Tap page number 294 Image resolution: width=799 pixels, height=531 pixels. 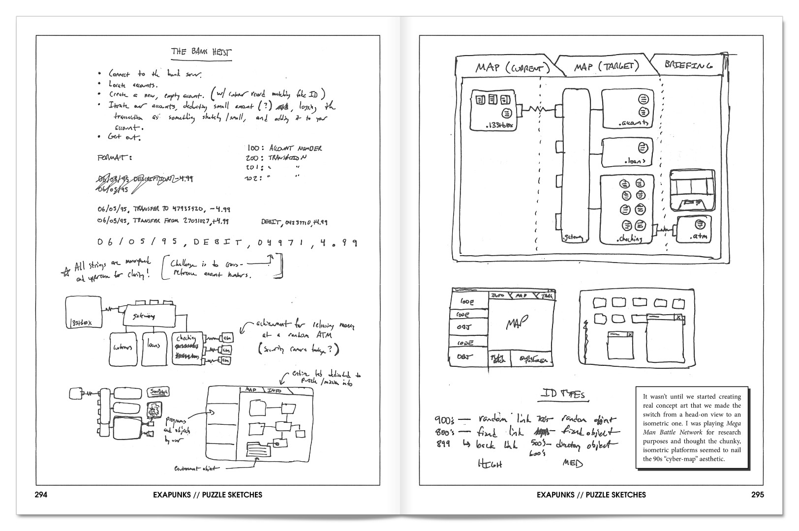tap(40, 495)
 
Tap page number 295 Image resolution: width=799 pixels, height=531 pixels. tap(758, 495)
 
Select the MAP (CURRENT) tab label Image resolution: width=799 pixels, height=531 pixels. tap(509, 67)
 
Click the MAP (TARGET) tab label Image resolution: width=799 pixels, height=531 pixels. tap(606, 66)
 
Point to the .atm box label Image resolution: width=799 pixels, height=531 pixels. tap(699, 236)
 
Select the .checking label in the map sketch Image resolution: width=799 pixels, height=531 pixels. tap(629, 239)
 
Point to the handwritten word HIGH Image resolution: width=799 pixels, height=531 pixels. tap(490, 464)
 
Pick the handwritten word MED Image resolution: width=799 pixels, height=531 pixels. tap(572, 463)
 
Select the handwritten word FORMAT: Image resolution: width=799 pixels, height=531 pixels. tap(114, 158)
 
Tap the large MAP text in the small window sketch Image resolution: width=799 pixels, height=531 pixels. tap(516, 323)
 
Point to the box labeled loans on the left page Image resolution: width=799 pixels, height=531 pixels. tap(154, 348)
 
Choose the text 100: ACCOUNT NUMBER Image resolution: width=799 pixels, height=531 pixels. tap(285, 148)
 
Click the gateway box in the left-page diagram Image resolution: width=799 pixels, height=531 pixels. tap(149, 316)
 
